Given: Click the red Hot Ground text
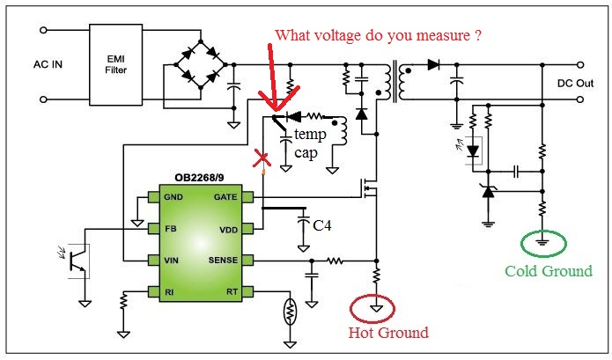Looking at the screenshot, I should [x=387, y=332].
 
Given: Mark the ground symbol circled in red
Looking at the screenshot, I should [x=376, y=309].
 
